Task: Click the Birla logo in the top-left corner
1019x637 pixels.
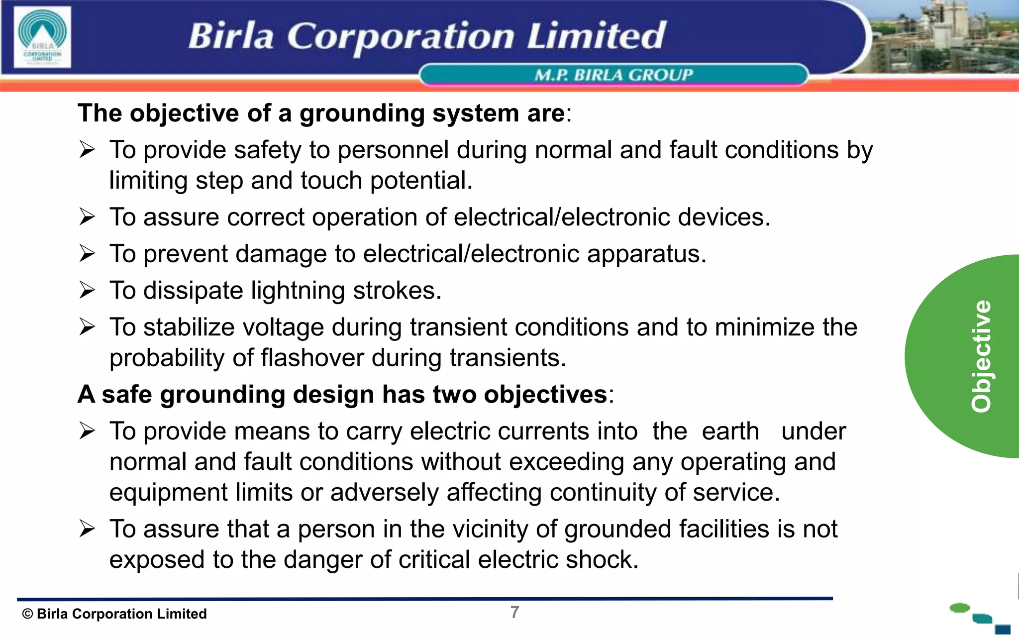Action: pos(42,37)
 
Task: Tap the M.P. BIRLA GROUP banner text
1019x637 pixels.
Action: pos(613,75)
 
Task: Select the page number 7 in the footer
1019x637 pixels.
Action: pos(514,612)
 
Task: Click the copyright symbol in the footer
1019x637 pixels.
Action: pos(27,614)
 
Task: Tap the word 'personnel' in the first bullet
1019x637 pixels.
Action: pos(393,150)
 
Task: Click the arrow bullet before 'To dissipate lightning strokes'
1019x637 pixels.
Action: pos(87,290)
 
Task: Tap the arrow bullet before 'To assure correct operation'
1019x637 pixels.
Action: pos(87,217)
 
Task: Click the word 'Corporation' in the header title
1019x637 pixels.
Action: pos(401,37)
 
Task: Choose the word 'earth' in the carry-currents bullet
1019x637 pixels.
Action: pos(730,431)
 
